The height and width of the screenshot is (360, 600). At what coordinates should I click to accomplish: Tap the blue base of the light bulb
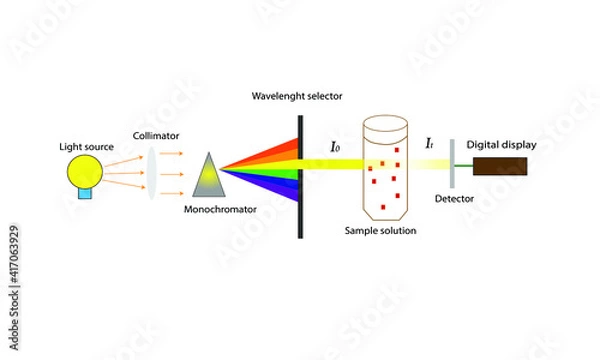[x=86, y=193]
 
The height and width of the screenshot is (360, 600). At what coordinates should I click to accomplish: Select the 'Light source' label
[x=85, y=147]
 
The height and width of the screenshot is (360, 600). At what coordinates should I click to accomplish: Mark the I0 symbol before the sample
[x=336, y=147]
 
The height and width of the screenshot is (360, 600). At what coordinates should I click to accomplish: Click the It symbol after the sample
[x=428, y=145]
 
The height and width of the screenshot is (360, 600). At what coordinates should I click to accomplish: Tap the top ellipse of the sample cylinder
[x=387, y=126]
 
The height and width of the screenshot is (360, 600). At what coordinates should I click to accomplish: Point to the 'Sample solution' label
[x=379, y=231]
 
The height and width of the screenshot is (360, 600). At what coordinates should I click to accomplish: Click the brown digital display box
[x=499, y=166]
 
